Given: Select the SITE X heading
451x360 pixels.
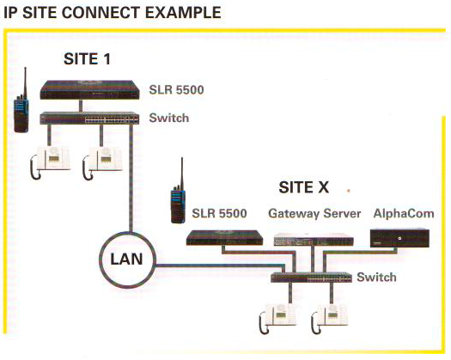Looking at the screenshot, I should point(308,186).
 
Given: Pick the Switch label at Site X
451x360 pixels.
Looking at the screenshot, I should point(377,277).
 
